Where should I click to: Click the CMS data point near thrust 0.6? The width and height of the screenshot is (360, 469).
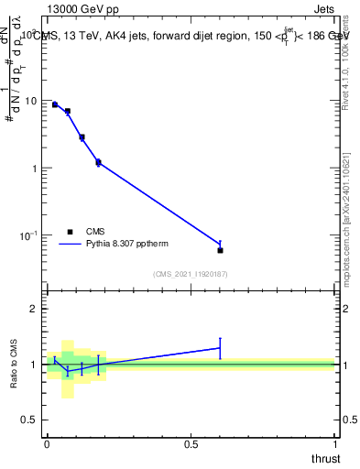tap(220, 250)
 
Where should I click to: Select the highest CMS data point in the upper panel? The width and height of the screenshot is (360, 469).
tap(55, 104)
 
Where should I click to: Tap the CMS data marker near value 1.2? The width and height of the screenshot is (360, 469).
tap(98, 162)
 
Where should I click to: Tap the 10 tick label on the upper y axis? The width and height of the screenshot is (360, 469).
tap(30, 101)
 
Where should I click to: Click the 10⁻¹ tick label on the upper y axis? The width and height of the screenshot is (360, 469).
tap(28, 235)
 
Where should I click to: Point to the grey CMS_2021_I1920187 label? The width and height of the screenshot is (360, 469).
tap(191, 274)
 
